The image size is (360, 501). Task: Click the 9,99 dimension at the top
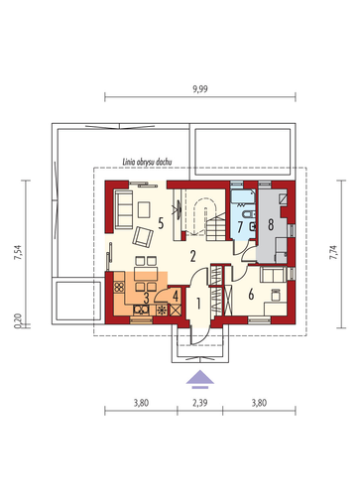tap(200, 89)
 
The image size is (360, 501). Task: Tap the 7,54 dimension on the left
tap(18, 253)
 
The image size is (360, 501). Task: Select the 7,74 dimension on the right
tap(334, 252)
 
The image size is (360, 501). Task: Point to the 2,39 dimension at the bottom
tap(200, 403)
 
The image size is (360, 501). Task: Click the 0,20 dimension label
tap(18, 320)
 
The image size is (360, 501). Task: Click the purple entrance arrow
tap(199, 379)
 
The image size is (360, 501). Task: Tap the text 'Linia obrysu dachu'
tap(147, 162)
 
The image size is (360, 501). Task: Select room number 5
tap(161, 223)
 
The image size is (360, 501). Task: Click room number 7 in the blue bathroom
tap(240, 227)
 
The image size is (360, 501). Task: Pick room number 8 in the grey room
tap(271, 225)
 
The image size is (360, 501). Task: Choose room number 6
tap(251, 294)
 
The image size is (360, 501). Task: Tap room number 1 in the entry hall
tap(198, 304)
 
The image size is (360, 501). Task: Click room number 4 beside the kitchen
tap(176, 296)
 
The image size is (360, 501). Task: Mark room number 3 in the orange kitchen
tap(146, 299)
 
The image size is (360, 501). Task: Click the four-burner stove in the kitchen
tap(119, 287)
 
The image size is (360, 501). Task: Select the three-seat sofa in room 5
tap(122, 208)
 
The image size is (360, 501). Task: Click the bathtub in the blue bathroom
tap(244, 196)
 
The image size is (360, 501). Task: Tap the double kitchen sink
tap(141, 310)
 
